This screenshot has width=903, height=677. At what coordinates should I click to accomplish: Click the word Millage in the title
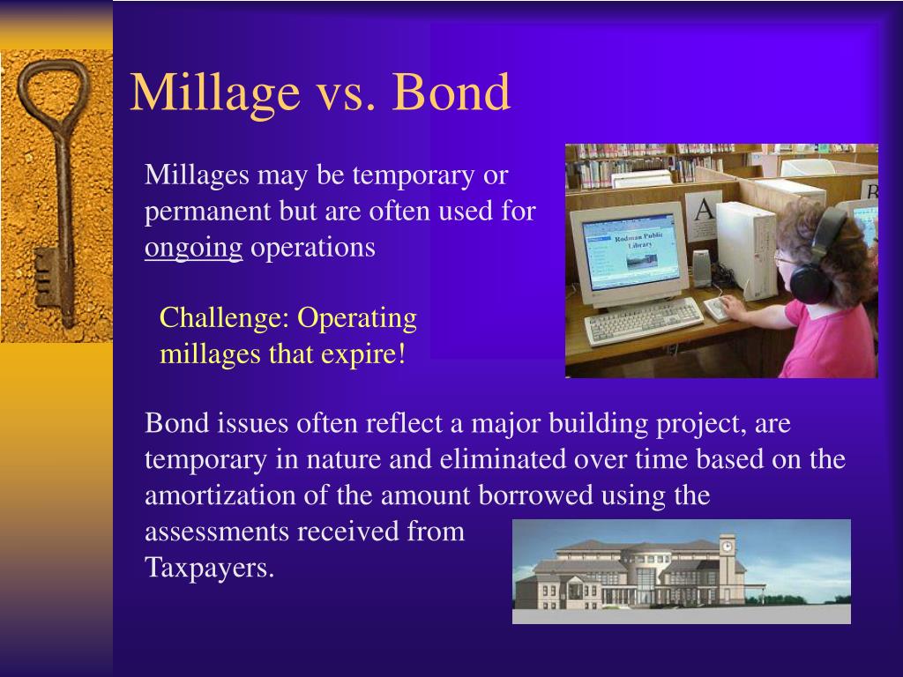pos(215,92)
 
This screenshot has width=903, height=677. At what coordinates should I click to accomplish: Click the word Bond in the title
pos(451,91)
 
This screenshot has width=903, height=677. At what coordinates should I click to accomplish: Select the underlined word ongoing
pos(193,249)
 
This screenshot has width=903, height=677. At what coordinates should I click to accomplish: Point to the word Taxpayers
pos(209,569)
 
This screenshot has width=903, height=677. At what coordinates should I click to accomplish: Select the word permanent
pos(208,212)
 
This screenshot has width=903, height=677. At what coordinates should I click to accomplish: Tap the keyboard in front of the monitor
pos(643,320)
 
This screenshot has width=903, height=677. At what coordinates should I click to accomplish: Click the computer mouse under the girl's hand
pos(717,309)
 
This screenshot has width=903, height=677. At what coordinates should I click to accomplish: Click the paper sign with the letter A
pos(703,216)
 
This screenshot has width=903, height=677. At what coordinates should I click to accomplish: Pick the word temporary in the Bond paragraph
pos(205,460)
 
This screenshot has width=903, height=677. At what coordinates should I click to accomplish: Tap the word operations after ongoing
pos(313,249)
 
